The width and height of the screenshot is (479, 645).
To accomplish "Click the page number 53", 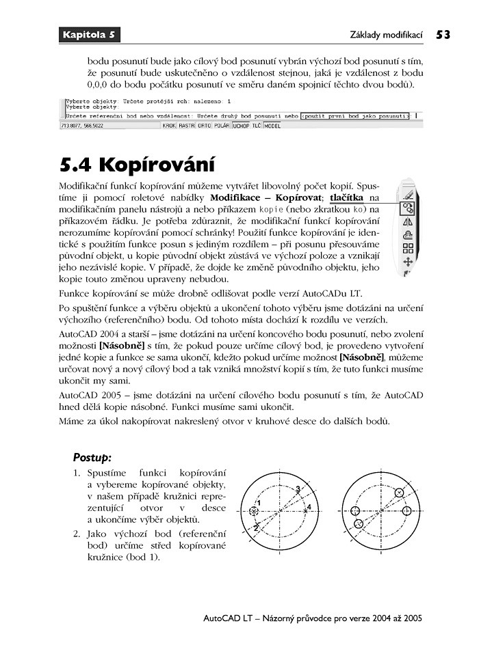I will (x=443, y=33).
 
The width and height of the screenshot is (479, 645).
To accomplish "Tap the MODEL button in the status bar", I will (x=272, y=126).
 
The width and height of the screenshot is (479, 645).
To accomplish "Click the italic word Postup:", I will (x=92, y=456).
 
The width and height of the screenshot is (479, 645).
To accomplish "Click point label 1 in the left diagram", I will (x=259, y=503).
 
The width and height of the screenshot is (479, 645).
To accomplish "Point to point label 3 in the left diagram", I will (x=298, y=488).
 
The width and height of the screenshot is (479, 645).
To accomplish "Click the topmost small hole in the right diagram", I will (x=400, y=492).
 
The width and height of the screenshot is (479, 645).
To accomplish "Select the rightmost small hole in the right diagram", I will (x=407, y=510).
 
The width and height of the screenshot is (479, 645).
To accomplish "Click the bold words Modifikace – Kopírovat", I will (x=266, y=197).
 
